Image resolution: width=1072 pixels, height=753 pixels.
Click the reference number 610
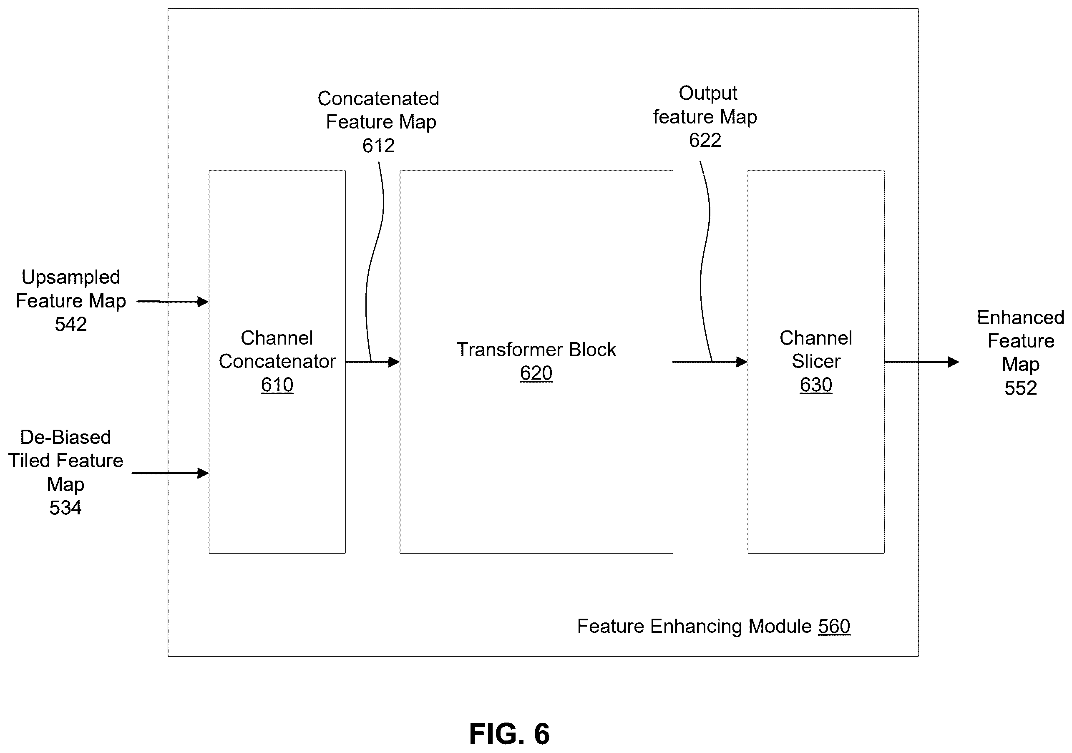pyautogui.click(x=277, y=385)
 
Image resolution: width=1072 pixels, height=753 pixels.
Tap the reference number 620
pyautogui.click(x=536, y=373)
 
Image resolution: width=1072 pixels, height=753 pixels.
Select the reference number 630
pyautogui.click(x=815, y=385)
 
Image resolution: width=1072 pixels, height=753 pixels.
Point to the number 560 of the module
pyautogui.click(x=834, y=626)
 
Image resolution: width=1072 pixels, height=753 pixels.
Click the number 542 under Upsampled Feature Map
pyautogui.click(x=71, y=324)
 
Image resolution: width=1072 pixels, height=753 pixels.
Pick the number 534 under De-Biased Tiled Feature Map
pyautogui.click(x=65, y=507)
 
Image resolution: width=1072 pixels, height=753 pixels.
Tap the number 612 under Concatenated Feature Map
pyautogui.click(x=378, y=146)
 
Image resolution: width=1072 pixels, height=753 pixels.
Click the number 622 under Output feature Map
pyautogui.click(x=705, y=140)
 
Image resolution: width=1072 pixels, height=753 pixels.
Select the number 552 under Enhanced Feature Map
pyautogui.click(x=1021, y=388)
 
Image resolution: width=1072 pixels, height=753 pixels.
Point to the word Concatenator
pyautogui.click(x=277, y=361)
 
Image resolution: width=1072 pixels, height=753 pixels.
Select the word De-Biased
pyautogui.click(x=65, y=438)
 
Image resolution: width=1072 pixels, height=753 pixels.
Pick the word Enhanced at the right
pyautogui.click(x=1021, y=318)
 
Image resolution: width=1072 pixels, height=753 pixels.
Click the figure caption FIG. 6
pyautogui.click(x=509, y=733)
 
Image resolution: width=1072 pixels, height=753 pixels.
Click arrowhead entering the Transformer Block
pyautogui.click(x=394, y=362)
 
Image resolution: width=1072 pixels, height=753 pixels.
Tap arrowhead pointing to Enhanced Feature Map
pyautogui.click(x=954, y=362)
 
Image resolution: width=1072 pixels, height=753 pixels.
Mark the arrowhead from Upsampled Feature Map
pyautogui.click(x=203, y=302)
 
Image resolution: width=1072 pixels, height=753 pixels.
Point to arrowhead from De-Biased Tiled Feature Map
pyautogui.click(x=203, y=473)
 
